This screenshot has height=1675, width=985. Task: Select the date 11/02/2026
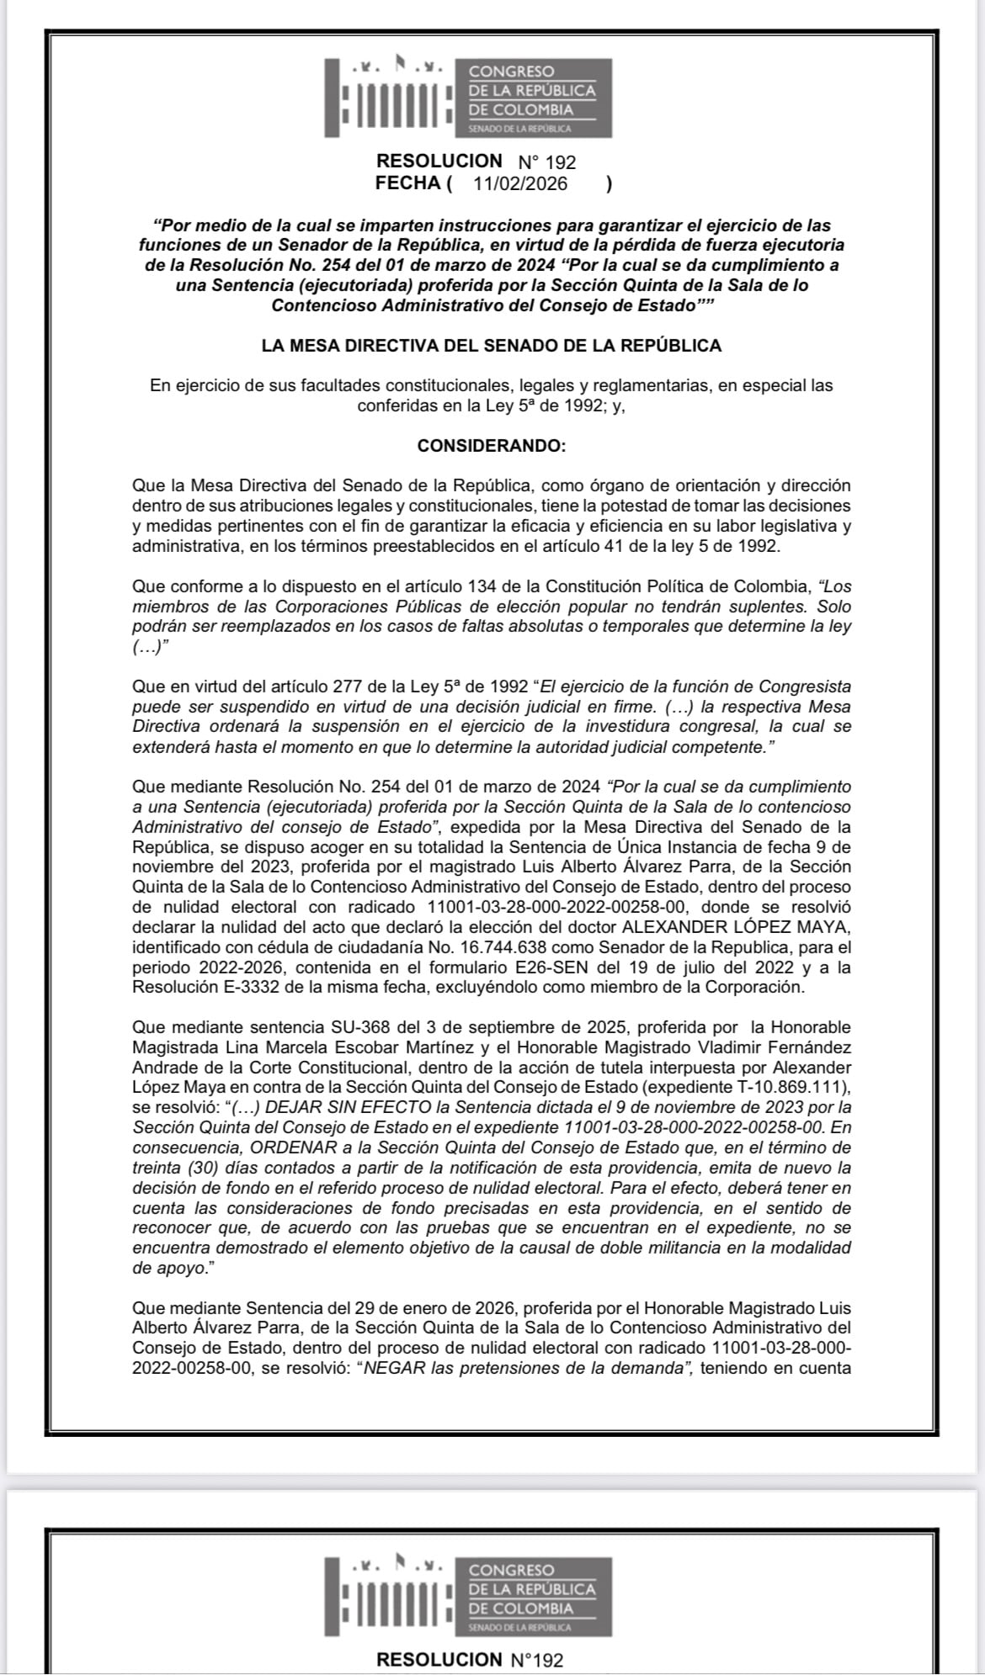click(520, 184)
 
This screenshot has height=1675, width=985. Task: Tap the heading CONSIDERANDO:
click(492, 446)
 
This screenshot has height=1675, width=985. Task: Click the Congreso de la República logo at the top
click(468, 98)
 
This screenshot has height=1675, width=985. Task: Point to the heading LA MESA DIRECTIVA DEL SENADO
click(492, 346)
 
